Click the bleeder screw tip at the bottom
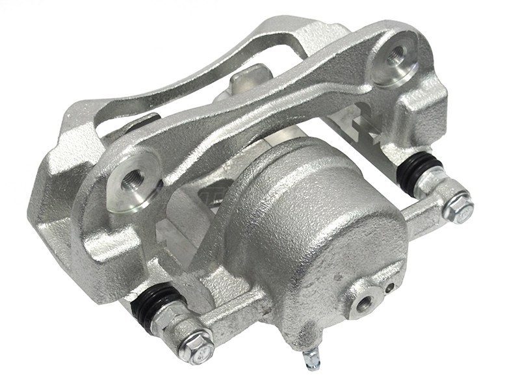pos(313,358)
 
